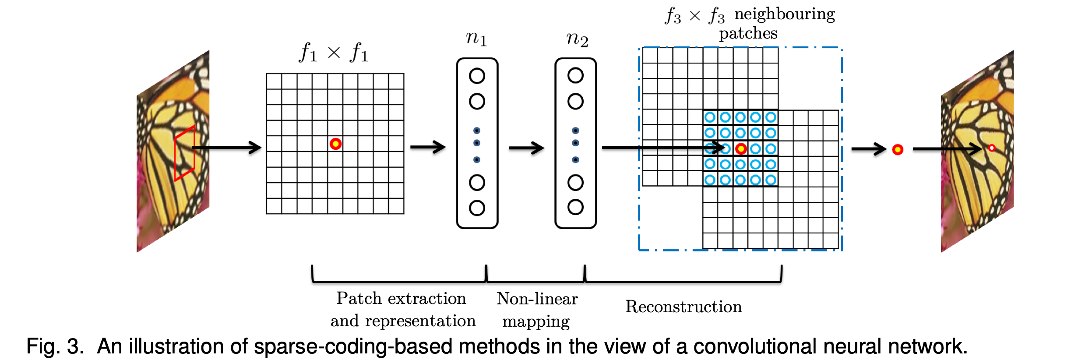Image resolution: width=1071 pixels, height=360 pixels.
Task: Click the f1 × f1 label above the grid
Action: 333,53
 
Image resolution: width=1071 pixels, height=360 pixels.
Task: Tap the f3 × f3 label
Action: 694,16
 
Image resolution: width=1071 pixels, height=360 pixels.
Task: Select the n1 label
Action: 476,39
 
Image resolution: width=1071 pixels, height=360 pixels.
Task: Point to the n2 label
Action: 577,39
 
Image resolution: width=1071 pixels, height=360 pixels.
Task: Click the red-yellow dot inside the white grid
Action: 335,144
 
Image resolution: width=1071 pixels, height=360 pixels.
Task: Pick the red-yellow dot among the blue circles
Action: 740,149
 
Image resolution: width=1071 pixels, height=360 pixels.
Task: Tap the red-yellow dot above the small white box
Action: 898,150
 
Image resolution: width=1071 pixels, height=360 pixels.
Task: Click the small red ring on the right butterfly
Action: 992,148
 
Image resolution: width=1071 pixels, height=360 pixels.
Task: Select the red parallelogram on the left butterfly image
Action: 184,153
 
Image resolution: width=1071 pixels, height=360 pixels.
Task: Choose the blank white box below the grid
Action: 336,234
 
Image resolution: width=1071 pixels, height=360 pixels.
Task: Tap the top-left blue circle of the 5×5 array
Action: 710,117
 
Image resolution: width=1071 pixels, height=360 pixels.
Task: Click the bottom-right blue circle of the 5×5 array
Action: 771,180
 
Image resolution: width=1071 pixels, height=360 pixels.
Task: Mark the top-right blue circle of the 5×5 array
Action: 771,117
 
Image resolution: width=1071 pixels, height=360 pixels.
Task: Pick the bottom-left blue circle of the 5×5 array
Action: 710,180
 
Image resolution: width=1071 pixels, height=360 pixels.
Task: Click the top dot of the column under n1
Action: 476,131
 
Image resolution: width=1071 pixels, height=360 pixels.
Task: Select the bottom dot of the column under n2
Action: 575,160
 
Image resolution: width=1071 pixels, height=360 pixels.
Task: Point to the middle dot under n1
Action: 476,143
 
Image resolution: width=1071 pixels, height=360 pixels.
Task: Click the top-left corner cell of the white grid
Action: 274,81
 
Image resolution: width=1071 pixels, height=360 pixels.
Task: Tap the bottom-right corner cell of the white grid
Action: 396,206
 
